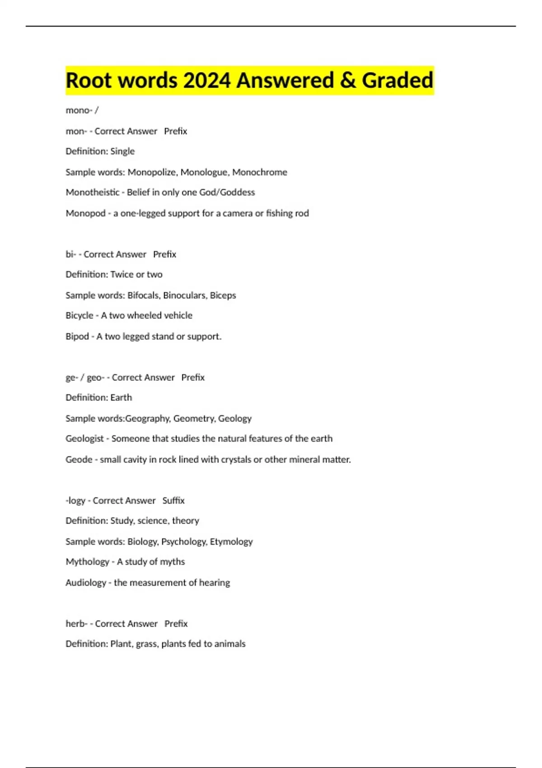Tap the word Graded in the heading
(397, 80)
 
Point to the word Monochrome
(260, 172)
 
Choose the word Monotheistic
(93, 192)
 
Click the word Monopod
(85, 213)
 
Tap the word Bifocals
(143, 295)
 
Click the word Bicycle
(79, 315)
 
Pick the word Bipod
(77, 337)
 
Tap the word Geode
(79, 459)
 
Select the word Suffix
(173, 501)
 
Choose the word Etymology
(231, 542)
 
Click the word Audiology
(86, 583)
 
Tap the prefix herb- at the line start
(76, 624)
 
